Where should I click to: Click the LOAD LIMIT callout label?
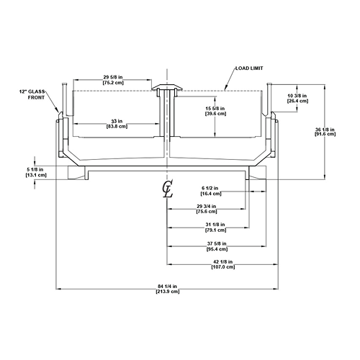[x=249, y=68]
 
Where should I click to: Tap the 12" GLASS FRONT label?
[x=32, y=94]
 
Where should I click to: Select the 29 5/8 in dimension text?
[x=113, y=77]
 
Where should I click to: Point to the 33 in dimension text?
[x=117, y=121]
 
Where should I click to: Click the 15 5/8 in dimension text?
[x=215, y=109]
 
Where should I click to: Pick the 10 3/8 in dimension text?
[x=297, y=96]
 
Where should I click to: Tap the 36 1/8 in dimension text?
[x=325, y=130]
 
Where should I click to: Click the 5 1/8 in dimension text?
[x=35, y=170]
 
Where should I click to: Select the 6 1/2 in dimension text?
[x=210, y=188]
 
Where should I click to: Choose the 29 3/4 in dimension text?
[x=207, y=207]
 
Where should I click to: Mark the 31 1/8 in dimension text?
[x=215, y=225]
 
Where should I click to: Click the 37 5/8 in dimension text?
[x=217, y=244]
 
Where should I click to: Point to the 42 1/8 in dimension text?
[x=223, y=261]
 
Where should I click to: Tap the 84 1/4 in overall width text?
[x=167, y=287]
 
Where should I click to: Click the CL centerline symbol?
[x=168, y=189]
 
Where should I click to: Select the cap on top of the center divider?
[x=167, y=88]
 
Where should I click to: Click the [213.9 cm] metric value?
[x=167, y=292]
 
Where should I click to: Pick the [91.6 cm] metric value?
[x=325, y=134]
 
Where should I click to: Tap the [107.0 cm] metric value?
[x=223, y=267]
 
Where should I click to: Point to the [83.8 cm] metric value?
[x=117, y=126]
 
